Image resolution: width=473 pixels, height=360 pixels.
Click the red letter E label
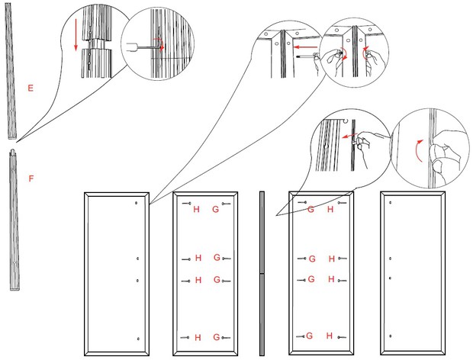[31, 88]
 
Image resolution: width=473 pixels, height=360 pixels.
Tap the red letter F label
[31, 178]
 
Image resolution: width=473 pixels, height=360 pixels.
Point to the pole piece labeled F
[14, 221]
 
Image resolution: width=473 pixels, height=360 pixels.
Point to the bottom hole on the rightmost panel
[390, 337]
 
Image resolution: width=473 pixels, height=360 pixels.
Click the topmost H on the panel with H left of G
[196, 209]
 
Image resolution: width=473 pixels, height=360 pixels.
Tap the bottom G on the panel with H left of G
[217, 337]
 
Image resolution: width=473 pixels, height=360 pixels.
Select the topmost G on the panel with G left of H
[311, 209]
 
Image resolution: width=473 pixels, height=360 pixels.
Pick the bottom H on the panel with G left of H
[330, 336]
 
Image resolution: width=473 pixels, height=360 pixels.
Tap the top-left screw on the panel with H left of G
[186, 204]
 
